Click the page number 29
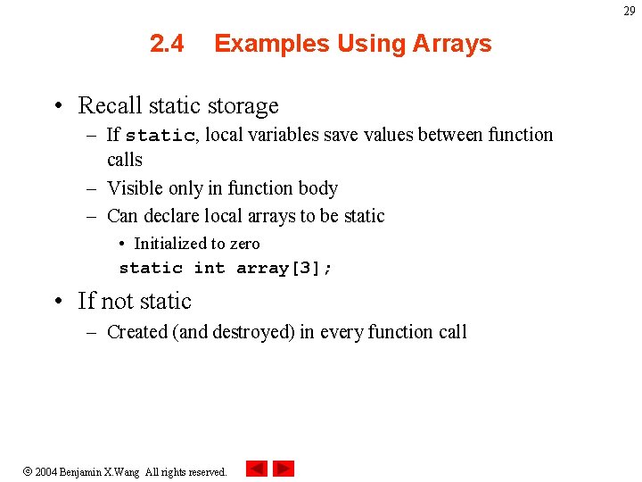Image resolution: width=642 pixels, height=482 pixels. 630,11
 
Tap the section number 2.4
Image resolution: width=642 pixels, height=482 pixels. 168,44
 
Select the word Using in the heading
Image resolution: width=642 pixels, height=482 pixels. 349,44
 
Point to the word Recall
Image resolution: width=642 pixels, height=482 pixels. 110,105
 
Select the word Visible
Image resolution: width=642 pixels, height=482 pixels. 136,188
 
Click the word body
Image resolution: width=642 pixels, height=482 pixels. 317,188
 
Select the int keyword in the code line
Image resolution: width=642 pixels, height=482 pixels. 210,268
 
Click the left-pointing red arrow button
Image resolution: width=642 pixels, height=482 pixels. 257,469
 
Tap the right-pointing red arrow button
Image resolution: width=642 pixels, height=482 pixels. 284,469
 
